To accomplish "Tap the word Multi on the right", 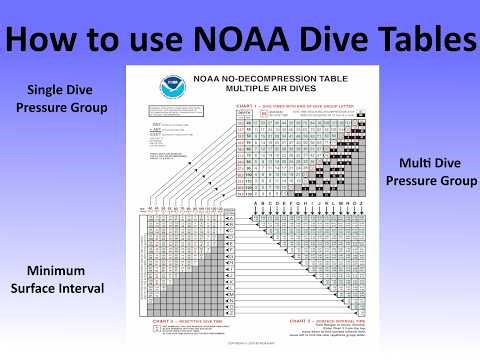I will [x=417, y=163].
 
